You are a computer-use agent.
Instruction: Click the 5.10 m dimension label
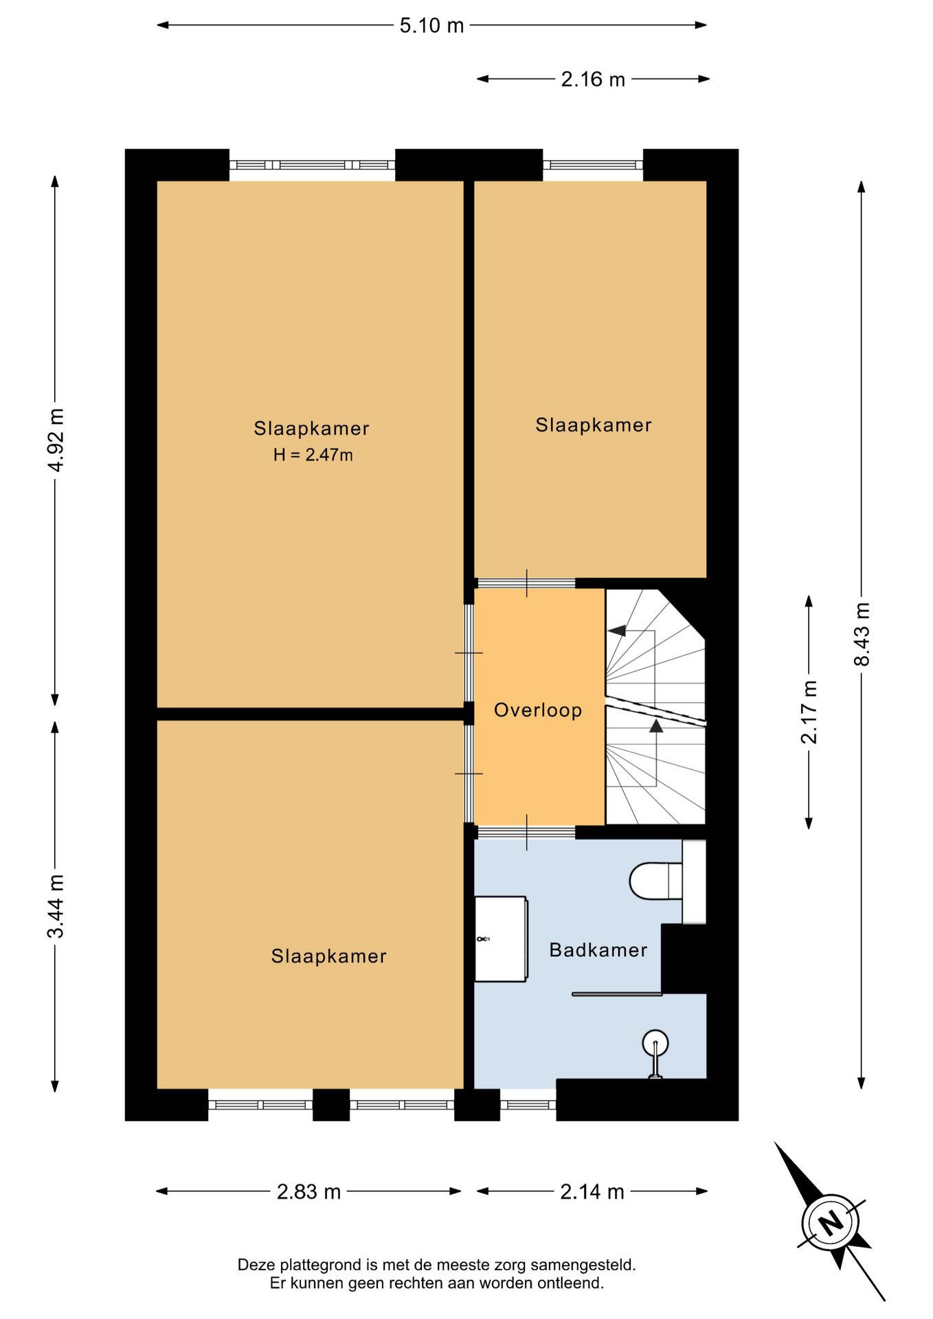coord(431,25)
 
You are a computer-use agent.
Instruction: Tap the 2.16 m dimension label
coord(593,79)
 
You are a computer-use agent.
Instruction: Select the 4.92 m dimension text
coord(56,440)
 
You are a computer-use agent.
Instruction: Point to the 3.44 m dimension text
coord(56,906)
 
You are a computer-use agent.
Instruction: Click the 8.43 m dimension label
coord(862,634)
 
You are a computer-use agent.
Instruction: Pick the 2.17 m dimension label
coord(809,712)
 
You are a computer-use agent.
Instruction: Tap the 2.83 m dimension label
coord(308,1191)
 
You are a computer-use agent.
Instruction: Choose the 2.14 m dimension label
coord(592,1191)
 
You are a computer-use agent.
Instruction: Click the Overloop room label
coord(538,710)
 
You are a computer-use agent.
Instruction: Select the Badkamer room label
coord(598,950)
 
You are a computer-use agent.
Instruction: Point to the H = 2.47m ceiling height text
coord(313,455)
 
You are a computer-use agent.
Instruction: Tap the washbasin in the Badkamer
coord(502,938)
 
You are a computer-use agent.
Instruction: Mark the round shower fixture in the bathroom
coord(655,1042)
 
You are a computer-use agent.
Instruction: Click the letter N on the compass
coord(831,1223)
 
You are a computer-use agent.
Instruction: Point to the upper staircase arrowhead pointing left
coord(616,630)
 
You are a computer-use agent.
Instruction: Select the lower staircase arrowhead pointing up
coord(656,725)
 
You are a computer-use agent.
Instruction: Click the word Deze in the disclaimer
coord(255,1265)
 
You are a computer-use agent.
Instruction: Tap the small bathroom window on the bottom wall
coord(528,1105)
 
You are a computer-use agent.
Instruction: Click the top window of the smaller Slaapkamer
coord(593,165)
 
